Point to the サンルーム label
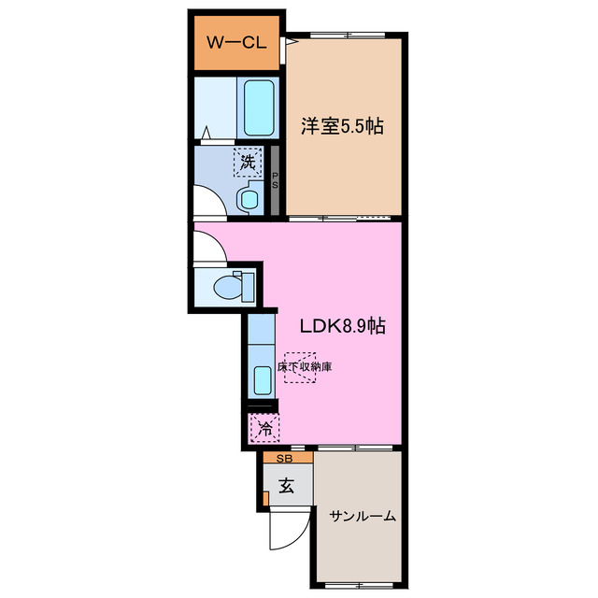coord(362,516)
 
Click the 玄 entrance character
coord(287,486)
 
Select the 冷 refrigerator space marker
coord(265,430)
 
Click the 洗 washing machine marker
coord(248,163)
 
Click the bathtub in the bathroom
coord(258,107)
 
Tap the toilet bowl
coord(231,287)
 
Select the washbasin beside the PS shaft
coord(250,197)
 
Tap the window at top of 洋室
coord(346,36)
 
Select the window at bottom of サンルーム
coord(360,585)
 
